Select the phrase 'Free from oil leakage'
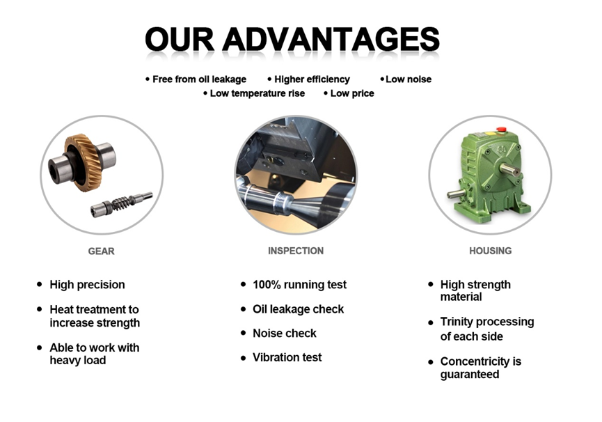(x=199, y=79)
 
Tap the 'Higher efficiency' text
(x=312, y=79)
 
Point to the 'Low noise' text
(x=409, y=79)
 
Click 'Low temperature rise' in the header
(x=257, y=93)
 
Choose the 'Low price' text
(x=351, y=93)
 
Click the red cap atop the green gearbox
(x=498, y=131)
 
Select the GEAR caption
(x=101, y=251)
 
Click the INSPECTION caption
(x=295, y=251)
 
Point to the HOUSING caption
(x=490, y=251)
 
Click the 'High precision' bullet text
(x=87, y=284)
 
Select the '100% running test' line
(x=299, y=284)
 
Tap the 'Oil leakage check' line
(x=298, y=308)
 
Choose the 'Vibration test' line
(x=287, y=357)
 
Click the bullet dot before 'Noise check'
(x=244, y=333)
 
